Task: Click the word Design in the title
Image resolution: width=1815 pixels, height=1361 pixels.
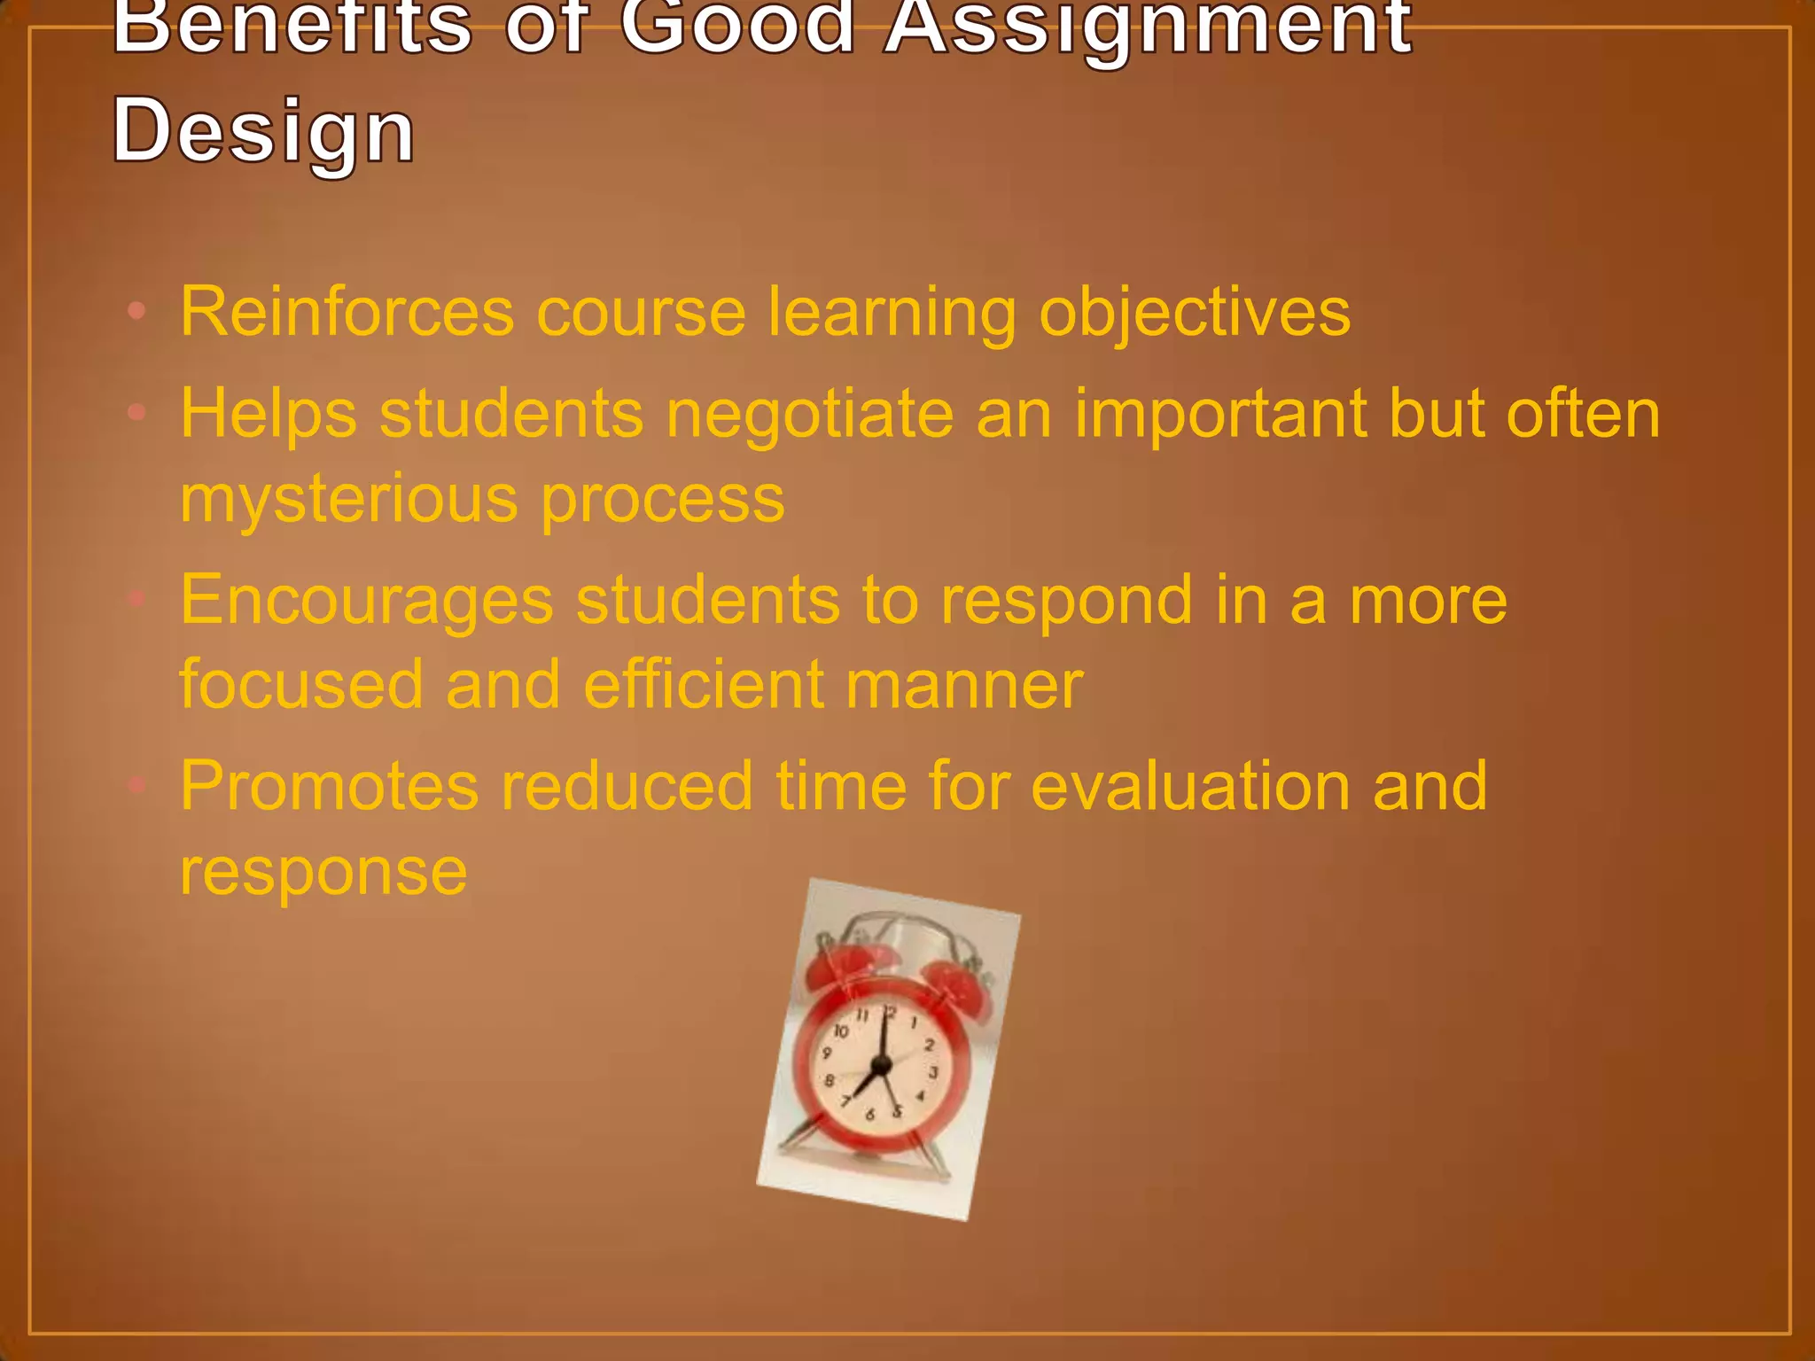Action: (263, 131)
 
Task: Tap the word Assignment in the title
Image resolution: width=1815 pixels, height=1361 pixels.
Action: (1148, 27)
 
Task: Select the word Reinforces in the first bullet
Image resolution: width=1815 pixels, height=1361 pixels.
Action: (347, 312)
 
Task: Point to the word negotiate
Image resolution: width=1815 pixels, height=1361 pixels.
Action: (810, 414)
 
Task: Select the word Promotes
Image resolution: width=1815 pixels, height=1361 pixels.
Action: (329, 786)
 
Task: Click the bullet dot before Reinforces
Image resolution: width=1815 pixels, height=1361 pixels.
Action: (136, 311)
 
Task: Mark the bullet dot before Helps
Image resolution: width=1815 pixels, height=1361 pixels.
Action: (136, 412)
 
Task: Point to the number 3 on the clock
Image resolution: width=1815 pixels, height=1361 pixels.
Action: (932, 1073)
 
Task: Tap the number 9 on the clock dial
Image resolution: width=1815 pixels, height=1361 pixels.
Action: (826, 1054)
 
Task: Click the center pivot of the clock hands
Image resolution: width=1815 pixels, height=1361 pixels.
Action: (880, 1064)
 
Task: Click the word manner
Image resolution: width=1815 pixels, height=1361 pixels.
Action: (964, 685)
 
